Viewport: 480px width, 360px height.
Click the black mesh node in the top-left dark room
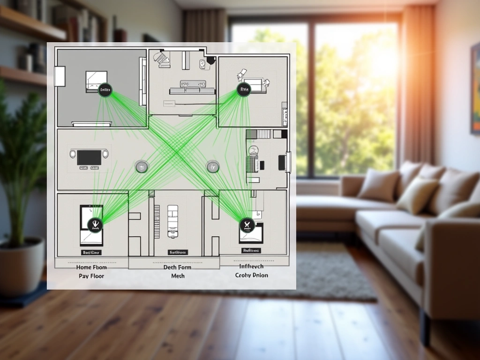[x=105, y=90]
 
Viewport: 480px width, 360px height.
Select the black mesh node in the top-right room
[x=244, y=89]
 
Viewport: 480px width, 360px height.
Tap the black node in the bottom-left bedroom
[x=95, y=225]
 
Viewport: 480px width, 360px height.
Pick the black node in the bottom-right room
[x=246, y=225]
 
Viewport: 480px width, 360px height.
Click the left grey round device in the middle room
[x=142, y=166]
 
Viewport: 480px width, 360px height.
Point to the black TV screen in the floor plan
[x=89, y=157]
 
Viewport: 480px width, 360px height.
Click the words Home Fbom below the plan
[x=91, y=267]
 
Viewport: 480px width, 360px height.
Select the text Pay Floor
[x=91, y=276]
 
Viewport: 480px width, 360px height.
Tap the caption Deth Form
[x=178, y=267]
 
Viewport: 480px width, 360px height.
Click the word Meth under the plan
[x=178, y=276]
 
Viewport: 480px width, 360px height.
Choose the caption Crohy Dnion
[x=252, y=275]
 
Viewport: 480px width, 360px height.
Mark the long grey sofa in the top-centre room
[x=191, y=90]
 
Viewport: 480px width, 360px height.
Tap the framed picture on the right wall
[x=475, y=89]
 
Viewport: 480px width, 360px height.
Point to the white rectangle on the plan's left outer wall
[x=60, y=76]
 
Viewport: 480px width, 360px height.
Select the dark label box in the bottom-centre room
[x=178, y=252]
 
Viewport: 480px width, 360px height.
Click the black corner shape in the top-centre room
[x=210, y=60]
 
